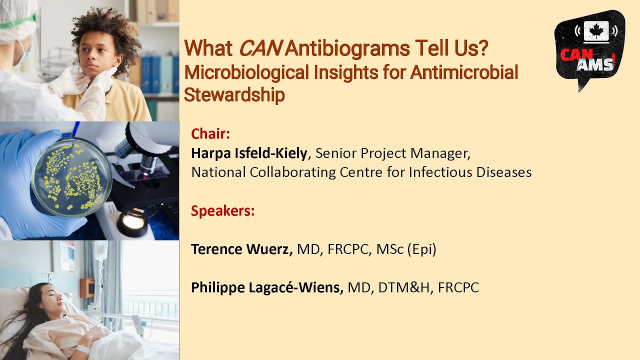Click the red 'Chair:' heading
[x=210, y=134]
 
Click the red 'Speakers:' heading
[x=222, y=211]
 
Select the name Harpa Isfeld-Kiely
[x=248, y=153]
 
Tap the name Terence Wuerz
[x=241, y=249]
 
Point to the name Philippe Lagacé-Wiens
[x=266, y=287]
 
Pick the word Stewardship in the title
[x=234, y=94]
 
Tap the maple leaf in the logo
[x=594, y=31]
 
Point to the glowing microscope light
[x=133, y=220]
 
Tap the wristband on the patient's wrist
[x=83, y=348]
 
